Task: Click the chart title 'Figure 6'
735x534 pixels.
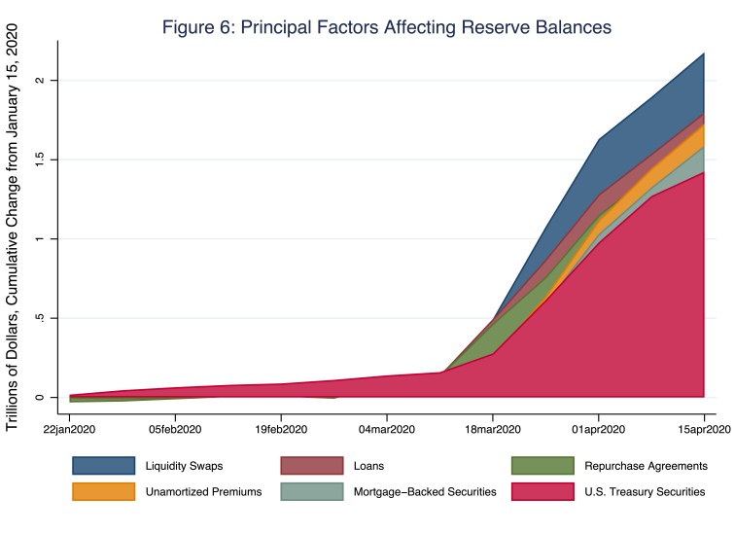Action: pos(386,27)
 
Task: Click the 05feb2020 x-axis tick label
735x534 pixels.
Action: pos(175,428)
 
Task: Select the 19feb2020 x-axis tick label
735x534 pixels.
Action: pos(281,428)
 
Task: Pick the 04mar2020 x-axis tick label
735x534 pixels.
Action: pos(387,428)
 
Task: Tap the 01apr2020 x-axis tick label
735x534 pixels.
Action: pos(598,428)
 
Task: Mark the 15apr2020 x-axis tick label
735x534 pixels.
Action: pos(702,428)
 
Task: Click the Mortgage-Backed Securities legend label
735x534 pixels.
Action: pos(425,492)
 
